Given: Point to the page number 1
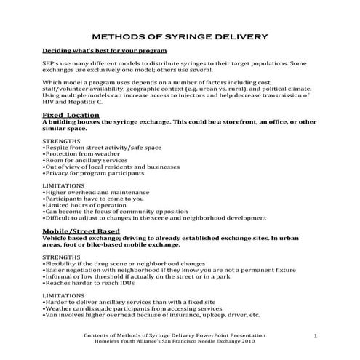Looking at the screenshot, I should click(316, 335).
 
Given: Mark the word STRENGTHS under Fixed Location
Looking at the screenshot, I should click(61, 139).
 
